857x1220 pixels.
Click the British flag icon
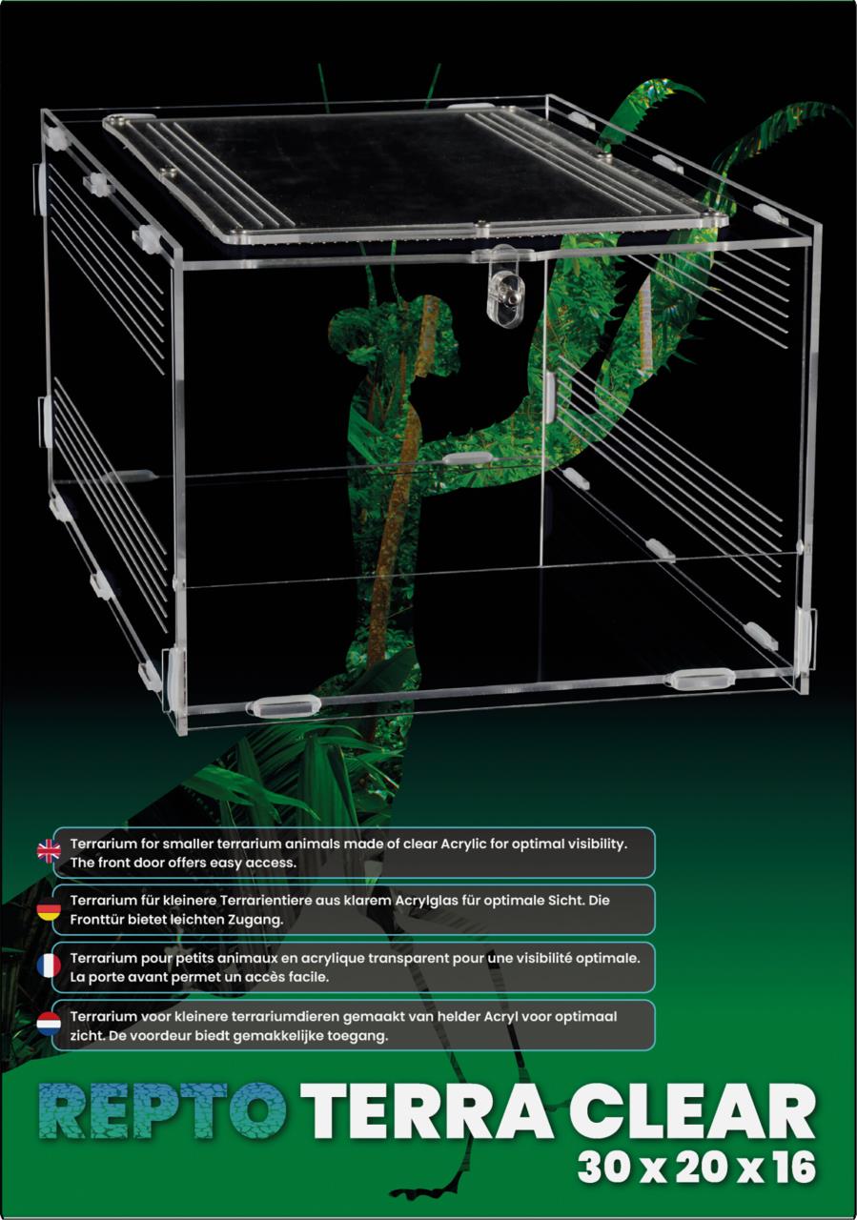[49, 852]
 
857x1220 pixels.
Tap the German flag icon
[49, 910]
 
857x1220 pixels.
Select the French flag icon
[49, 966]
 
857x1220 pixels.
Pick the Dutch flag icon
[49, 1024]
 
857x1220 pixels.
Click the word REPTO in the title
[162, 1111]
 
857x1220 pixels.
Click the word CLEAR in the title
[692, 1111]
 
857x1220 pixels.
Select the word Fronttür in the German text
[96, 920]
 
